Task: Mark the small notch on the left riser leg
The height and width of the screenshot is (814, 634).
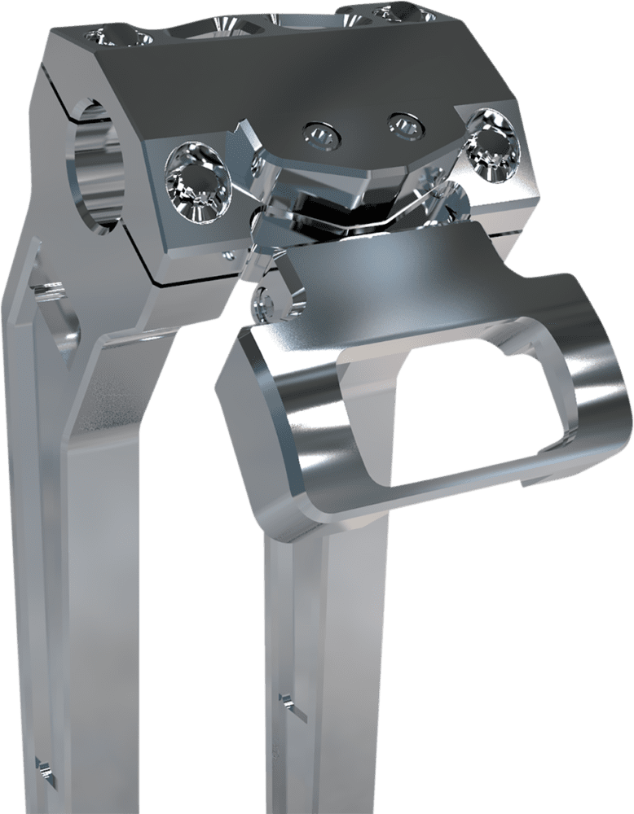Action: point(43,765)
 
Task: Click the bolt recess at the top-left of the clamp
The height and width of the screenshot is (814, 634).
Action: point(110,36)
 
